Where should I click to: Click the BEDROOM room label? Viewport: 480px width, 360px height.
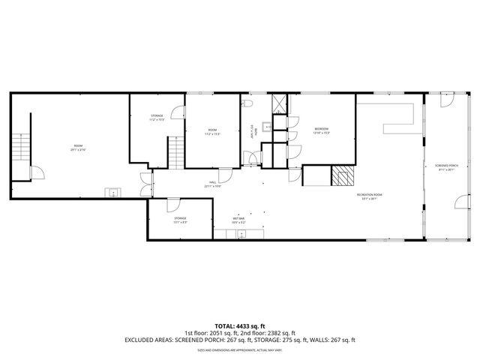pos(322,129)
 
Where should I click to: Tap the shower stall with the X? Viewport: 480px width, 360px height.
pos(279,103)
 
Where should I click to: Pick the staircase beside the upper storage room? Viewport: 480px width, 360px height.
pos(175,153)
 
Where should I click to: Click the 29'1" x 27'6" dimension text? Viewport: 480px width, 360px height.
pos(78,150)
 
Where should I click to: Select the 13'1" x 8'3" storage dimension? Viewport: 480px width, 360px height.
pos(181,222)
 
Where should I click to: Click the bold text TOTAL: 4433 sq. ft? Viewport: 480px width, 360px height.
pos(239,326)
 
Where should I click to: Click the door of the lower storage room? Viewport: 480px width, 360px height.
pos(172,203)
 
